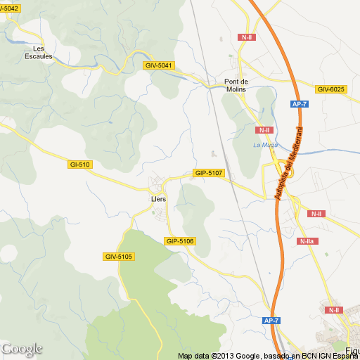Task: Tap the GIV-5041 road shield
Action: click(158, 65)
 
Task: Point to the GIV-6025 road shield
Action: click(330, 89)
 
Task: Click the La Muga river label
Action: click(265, 145)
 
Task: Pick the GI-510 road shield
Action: click(79, 165)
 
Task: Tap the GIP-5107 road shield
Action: click(209, 173)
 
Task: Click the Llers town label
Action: click(158, 199)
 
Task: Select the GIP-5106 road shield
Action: click(180, 241)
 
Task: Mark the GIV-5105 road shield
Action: click(118, 257)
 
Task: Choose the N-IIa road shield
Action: click(307, 242)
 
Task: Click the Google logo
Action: click(22, 349)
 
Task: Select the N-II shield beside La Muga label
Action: click(264, 130)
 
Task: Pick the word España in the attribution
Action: click(345, 356)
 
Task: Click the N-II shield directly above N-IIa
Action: click(316, 214)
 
